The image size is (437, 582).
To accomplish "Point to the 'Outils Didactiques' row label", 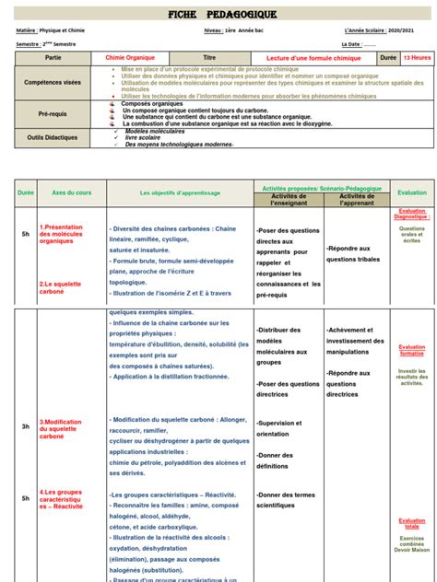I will pos(53,138).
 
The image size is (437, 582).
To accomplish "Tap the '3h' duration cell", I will pos(25,427).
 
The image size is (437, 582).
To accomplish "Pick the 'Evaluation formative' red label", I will pos(412,350).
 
